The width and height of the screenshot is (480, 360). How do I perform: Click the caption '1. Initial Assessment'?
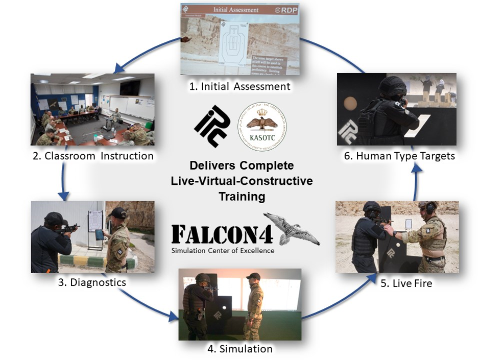[x=239, y=86]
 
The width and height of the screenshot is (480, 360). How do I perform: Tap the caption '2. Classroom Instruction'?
[x=93, y=156]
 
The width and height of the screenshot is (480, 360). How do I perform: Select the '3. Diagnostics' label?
[x=91, y=281]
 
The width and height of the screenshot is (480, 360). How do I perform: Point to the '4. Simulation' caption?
[x=239, y=349]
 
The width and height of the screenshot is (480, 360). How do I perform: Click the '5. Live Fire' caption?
[x=406, y=282]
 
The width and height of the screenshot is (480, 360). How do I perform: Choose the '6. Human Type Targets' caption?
[x=399, y=156]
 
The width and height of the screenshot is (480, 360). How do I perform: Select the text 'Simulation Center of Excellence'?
[x=223, y=250]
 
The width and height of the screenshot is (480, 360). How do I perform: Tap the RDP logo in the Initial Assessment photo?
[x=285, y=10]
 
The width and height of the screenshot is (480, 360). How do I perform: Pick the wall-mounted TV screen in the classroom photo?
[x=130, y=87]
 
